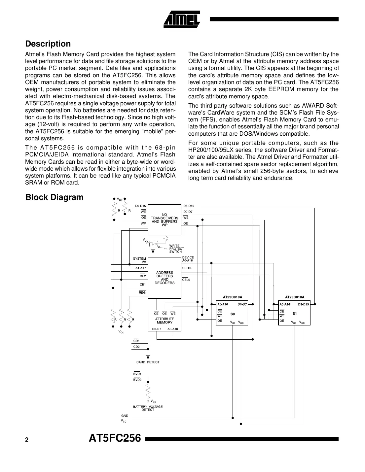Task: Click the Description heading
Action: click(x=48, y=44)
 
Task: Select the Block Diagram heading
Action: click(x=55, y=197)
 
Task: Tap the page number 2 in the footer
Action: click(x=27, y=440)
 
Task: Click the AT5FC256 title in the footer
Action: click(x=115, y=438)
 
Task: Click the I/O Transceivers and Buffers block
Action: click(x=164, y=220)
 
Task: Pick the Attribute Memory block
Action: click(x=164, y=320)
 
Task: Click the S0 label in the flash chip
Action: click(x=233, y=314)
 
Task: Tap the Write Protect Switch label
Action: click(x=176, y=249)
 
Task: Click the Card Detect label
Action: click(x=148, y=362)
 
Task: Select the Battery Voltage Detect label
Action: click(x=148, y=408)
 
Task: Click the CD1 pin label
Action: click(x=136, y=341)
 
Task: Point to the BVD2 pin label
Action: click(x=137, y=380)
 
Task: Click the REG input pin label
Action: click(x=142, y=292)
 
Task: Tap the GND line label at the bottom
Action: click(x=125, y=416)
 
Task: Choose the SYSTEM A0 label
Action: click(x=139, y=260)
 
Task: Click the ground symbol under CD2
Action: click(x=148, y=356)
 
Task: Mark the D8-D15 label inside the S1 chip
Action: click(x=303, y=304)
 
